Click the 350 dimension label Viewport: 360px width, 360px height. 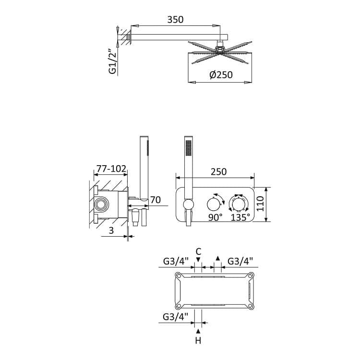175,20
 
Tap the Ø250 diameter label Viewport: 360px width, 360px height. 221,74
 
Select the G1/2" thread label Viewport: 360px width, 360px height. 112,61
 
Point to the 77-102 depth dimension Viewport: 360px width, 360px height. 111,169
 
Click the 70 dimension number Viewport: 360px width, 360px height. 156,200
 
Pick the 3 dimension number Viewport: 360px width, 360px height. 111,230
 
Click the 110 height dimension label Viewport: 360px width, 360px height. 260,204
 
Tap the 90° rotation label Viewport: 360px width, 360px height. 216,217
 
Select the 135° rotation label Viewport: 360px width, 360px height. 240,217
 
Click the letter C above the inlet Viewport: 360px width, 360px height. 198,252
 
